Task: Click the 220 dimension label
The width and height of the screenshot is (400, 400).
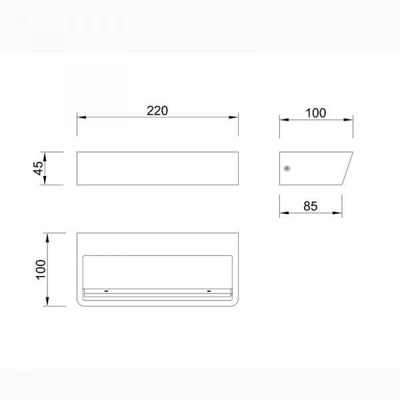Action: click(x=157, y=111)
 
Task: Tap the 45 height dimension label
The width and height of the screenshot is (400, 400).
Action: click(x=39, y=168)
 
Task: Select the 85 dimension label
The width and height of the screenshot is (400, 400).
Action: click(x=311, y=206)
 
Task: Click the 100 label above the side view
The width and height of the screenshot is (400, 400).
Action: click(x=316, y=113)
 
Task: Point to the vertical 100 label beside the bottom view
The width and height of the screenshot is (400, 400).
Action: click(x=41, y=269)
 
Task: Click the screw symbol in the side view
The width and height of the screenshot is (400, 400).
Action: click(x=287, y=169)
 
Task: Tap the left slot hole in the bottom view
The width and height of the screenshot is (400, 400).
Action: click(x=107, y=291)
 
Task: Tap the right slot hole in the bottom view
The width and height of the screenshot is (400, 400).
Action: click(x=209, y=291)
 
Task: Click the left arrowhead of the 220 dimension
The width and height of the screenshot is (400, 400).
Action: click(x=81, y=117)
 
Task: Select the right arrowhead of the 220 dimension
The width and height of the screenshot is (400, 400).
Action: click(x=234, y=117)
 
